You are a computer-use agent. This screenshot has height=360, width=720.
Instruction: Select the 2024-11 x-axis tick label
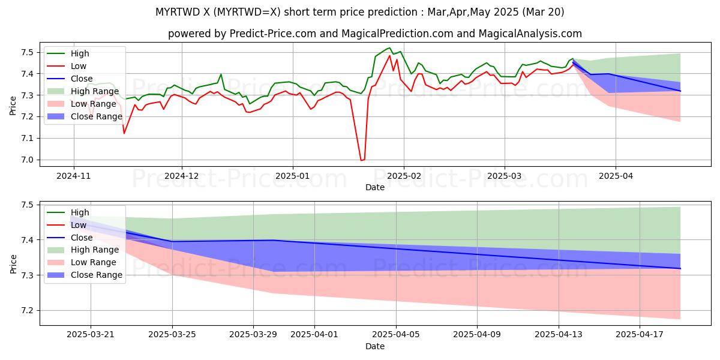point(74,176)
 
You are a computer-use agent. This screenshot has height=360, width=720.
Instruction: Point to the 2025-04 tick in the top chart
point(615,176)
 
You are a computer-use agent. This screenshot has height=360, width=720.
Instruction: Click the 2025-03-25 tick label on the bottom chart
point(172,335)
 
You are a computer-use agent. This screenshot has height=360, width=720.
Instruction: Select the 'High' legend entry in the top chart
point(79,54)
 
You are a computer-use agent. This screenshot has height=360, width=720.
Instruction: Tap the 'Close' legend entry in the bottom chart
point(81,238)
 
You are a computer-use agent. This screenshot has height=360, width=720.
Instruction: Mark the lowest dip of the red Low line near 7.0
point(362,160)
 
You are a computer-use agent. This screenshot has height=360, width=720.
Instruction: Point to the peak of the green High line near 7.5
point(389,48)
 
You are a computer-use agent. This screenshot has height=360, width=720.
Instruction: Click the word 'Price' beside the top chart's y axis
point(13,106)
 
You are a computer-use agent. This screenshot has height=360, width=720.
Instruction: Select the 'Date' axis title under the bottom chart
point(375,346)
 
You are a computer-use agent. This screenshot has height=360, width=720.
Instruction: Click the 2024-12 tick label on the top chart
point(181,176)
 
